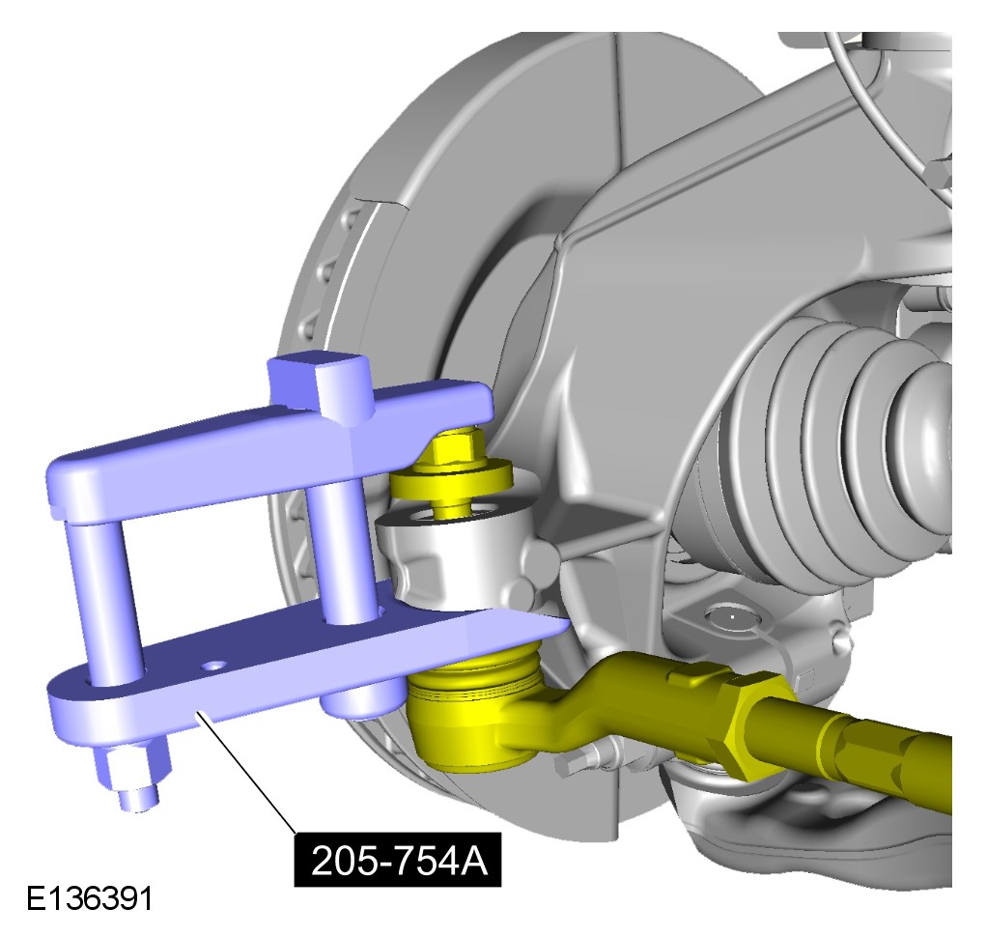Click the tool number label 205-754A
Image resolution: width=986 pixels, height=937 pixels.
click(398, 859)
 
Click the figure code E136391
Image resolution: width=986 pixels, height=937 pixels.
click(89, 898)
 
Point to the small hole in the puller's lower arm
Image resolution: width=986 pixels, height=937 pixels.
click(216, 665)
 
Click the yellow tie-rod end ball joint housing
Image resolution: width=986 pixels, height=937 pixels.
click(471, 714)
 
